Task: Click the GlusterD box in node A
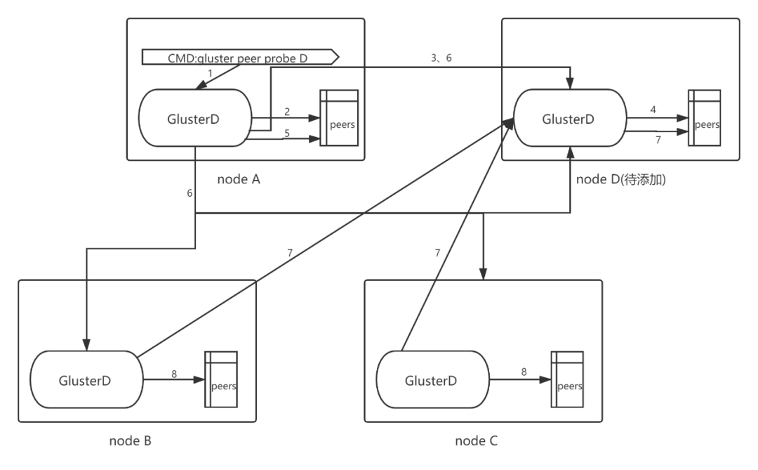coord(194,119)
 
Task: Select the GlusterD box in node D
coord(569,119)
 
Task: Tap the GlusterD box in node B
coord(85,381)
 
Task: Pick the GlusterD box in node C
coord(432,381)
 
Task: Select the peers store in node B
coord(221,379)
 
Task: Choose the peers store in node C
coord(567,379)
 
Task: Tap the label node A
coord(239,179)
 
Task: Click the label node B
coord(130,441)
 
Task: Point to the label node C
coord(477,441)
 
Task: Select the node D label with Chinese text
coord(620,180)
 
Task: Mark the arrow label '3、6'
coord(441,58)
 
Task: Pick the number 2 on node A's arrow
coord(287,111)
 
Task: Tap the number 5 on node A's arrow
coord(287,133)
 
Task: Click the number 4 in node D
coord(653,110)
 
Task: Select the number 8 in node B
coord(174,374)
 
